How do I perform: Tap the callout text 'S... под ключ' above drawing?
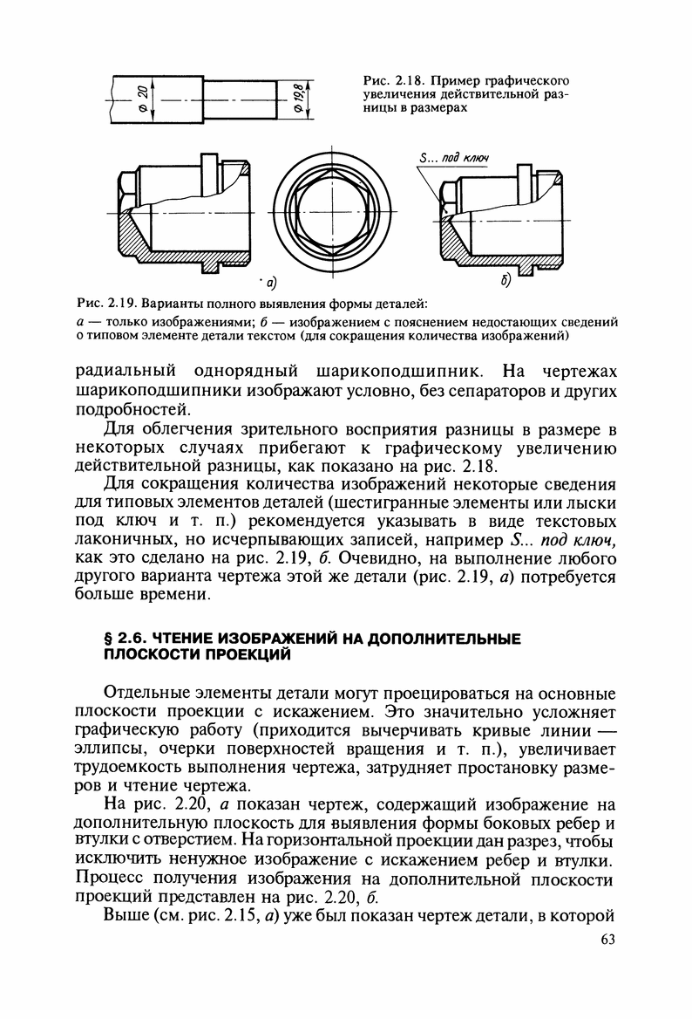pos(453,157)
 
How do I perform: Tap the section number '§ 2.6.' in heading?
pos(124,640)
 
